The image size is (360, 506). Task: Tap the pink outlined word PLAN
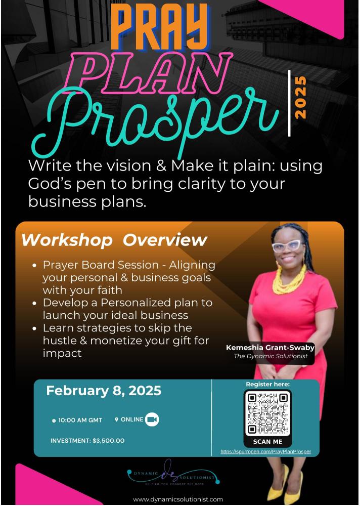(148, 72)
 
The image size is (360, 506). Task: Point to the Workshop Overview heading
(114, 240)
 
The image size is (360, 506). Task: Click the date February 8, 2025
(104, 391)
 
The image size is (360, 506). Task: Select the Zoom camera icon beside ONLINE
(152, 419)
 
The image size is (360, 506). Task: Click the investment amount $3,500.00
(108, 441)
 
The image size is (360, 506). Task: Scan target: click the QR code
(267, 413)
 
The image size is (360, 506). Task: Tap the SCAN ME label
(267, 441)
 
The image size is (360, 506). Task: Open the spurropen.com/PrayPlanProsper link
(265, 452)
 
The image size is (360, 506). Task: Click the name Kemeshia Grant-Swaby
(271, 348)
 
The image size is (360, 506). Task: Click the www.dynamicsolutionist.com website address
(178, 499)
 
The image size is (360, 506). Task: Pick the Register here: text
(268, 384)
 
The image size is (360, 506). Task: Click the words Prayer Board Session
(101, 265)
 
